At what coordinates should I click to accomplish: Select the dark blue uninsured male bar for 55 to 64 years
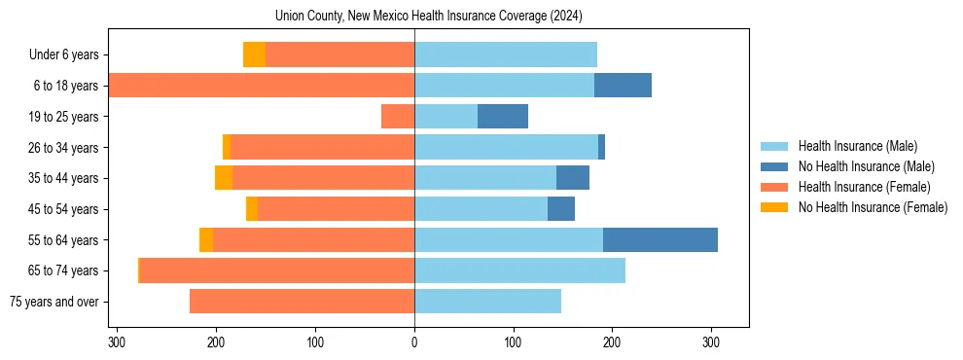pos(660,239)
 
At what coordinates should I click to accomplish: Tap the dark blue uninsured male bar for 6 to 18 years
pos(623,86)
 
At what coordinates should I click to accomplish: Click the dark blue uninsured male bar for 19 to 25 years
pos(503,117)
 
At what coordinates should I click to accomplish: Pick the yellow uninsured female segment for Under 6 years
pos(254,54)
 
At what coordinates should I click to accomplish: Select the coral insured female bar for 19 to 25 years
pos(398,117)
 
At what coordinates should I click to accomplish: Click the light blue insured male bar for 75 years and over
pos(487,302)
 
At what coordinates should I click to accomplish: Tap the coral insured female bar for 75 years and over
pos(302,302)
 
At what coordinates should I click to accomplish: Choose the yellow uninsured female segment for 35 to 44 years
pos(224,178)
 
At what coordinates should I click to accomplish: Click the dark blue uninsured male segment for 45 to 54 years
pos(561,209)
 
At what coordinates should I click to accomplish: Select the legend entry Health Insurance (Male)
pos(857,146)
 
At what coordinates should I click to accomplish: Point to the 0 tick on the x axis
pos(414,342)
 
